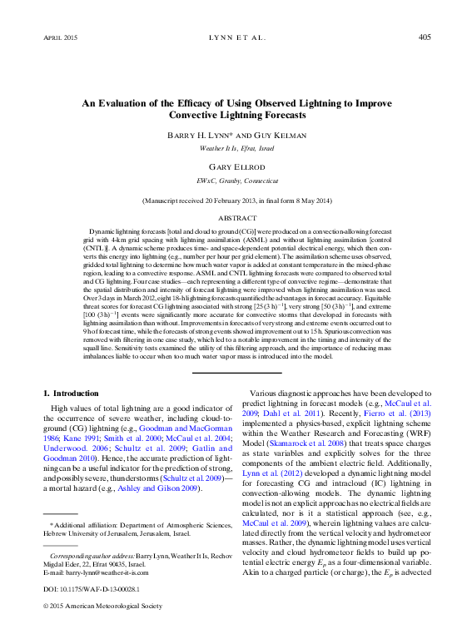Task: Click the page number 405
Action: click(424, 37)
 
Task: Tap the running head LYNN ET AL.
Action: click(236, 37)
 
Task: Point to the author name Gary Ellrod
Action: click(236, 166)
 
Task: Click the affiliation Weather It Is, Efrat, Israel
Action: click(236, 148)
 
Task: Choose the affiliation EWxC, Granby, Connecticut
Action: click(236, 180)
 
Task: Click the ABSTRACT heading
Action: click(236, 218)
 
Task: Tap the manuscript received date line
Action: click(236, 201)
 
